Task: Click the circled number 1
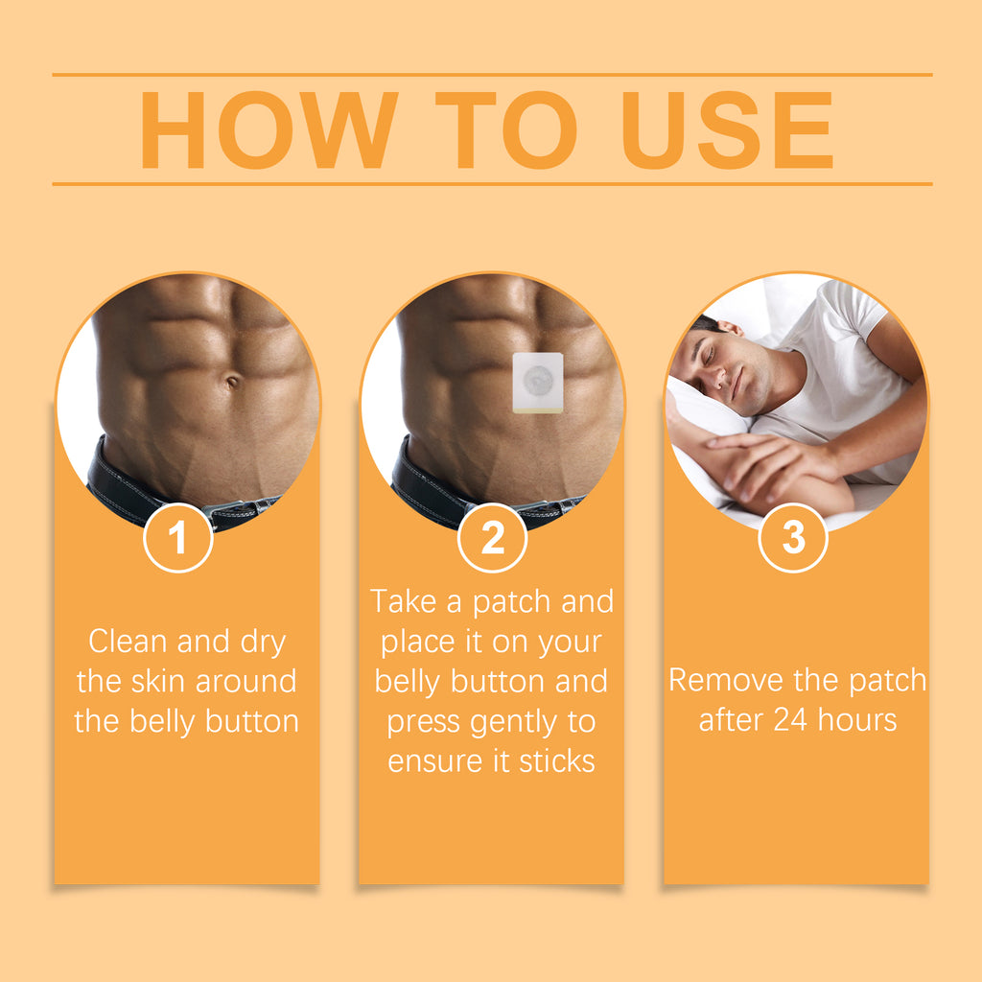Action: click(177, 538)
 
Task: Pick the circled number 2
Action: click(492, 538)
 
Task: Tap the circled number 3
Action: click(793, 538)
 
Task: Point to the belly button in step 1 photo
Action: click(232, 382)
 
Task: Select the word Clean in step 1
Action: click(128, 641)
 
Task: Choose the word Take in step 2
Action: click(403, 601)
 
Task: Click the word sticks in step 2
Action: click(556, 761)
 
